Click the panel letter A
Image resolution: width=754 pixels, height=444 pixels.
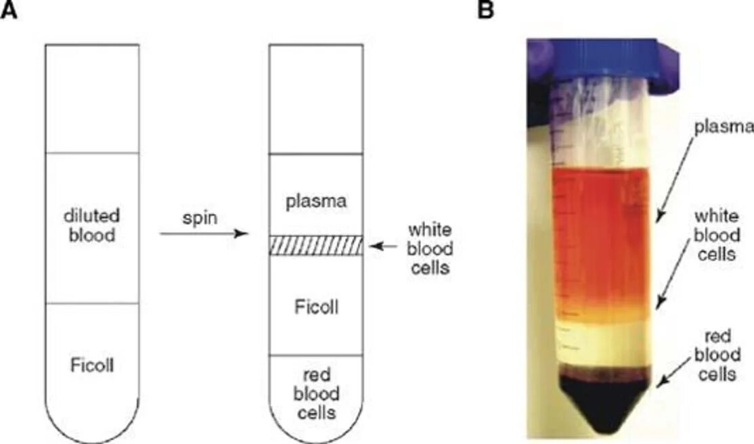[9, 11]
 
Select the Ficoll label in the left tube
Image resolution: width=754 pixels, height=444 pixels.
[92, 366]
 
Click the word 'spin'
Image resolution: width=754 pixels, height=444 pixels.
[198, 221]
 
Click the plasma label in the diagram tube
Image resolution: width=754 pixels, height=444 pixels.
[316, 201]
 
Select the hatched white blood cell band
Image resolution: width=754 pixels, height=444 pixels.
[316, 245]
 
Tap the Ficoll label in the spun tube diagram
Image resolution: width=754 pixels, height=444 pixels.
[316, 307]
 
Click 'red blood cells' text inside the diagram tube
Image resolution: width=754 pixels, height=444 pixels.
[316, 393]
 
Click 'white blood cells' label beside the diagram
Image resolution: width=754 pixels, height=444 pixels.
[427, 248]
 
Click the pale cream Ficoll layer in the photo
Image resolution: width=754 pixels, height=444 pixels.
[602, 345]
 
